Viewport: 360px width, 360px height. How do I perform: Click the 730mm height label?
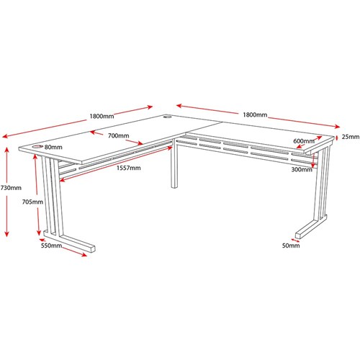point(11,188)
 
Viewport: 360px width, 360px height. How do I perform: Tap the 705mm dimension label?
point(32,202)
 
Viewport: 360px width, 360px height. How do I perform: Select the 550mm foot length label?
point(51,246)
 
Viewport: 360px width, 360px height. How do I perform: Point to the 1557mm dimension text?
point(129,168)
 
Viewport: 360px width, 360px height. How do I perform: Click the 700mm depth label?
point(119,135)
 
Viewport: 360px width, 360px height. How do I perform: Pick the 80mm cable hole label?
point(53,147)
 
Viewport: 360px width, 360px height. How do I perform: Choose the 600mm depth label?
point(304,141)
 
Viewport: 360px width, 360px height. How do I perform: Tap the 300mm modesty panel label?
point(302,169)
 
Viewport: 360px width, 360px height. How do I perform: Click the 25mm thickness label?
point(351,137)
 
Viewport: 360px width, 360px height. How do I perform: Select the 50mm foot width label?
point(291,246)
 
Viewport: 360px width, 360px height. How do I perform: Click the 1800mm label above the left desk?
point(102,116)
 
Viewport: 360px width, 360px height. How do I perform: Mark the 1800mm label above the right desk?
point(255,114)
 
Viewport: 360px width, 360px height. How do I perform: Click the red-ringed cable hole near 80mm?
point(37,147)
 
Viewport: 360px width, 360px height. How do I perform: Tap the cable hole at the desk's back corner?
point(167,117)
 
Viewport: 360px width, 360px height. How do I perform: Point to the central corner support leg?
point(174,166)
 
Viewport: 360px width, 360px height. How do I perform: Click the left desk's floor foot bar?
point(76,243)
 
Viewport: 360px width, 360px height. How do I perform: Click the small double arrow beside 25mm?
point(337,138)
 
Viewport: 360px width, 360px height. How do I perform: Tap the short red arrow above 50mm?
point(295,240)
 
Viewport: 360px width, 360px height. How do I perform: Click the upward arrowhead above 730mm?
point(7,150)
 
